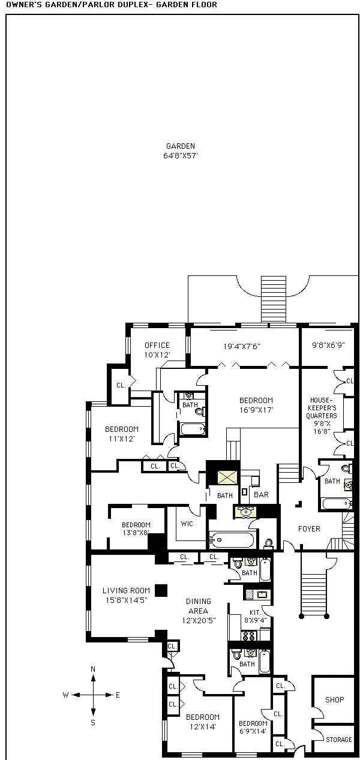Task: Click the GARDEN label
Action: pyautogui.click(x=180, y=146)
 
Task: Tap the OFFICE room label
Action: pyautogui.click(x=157, y=346)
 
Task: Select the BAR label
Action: pyautogui.click(x=261, y=495)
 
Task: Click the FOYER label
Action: pyautogui.click(x=309, y=529)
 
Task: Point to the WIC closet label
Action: pyautogui.click(x=186, y=523)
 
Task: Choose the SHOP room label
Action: pyautogui.click(x=334, y=700)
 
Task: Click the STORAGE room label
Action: pyautogui.click(x=338, y=740)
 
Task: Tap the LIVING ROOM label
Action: pyautogui.click(x=126, y=591)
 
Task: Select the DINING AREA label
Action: pyautogui.click(x=198, y=606)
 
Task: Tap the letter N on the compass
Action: pyautogui.click(x=93, y=669)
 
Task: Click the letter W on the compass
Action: pyautogui.click(x=65, y=695)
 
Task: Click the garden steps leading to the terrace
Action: pyautogui.click(x=274, y=299)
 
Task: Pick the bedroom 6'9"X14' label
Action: pyautogui.click(x=253, y=728)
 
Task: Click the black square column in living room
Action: pyautogui.click(x=161, y=590)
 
